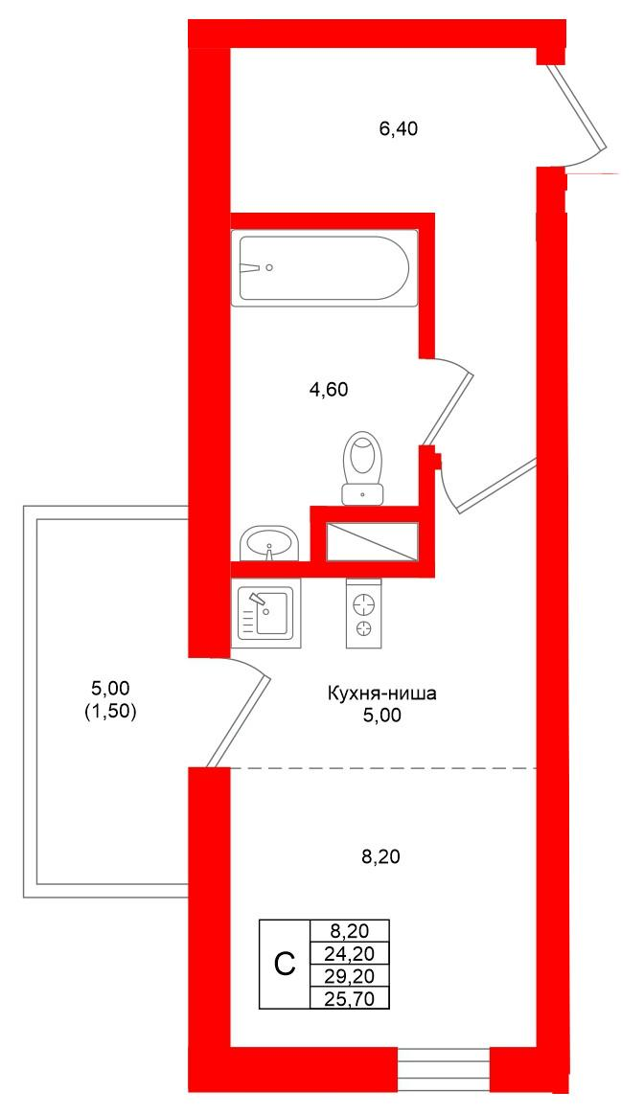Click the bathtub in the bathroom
pyautogui.click(x=324, y=268)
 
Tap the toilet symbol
pyautogui.click(x=362, y=466)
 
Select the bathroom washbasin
pyautogui.click(x=268, y=543)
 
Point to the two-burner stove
pyautogui.click(x=363, y=612)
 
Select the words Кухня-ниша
pyautogui.click(x=381, y=693)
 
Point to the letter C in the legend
pyautogui.click(x=285, y=964)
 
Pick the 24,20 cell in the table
pyautogui.click(x=350, y=952)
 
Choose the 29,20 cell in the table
pyautogui.click(x=350, y=975)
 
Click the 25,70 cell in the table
pyautogui.click(x=350, y=997)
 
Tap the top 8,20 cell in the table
pyautogui.click(x=350, y=930)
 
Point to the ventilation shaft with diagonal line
pyautogui.click(x=372, y=541)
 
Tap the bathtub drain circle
pyautogui.click(x=269, y=268)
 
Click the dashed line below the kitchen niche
pyautogui.click(x=383, y=769)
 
